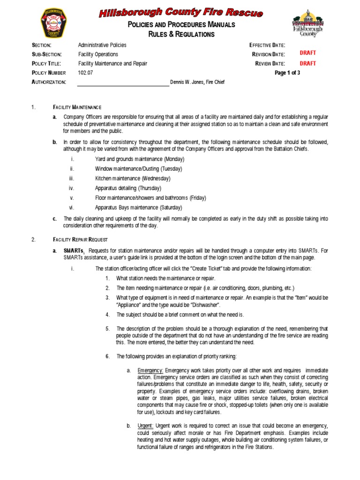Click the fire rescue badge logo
pyautogui.click(x=54, y=23)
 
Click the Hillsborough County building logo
pyautogui.click(x=307, y=24)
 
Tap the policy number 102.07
pyautogui.click(x=85, y=73)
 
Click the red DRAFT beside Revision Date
pyautogui.click(x=307, y=53)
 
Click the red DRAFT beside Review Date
pyautogui.click(x=307, y=63)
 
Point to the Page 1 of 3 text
pyautogui.click(x=287, y=73)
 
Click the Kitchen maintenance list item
pyautogui.click(x=133, y=178)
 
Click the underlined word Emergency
pyautogui.click(x=150, y=370)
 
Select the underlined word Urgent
pyautogui.click(x=145, y=426)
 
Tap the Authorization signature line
pyautogui.click(x=123, y=84)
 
